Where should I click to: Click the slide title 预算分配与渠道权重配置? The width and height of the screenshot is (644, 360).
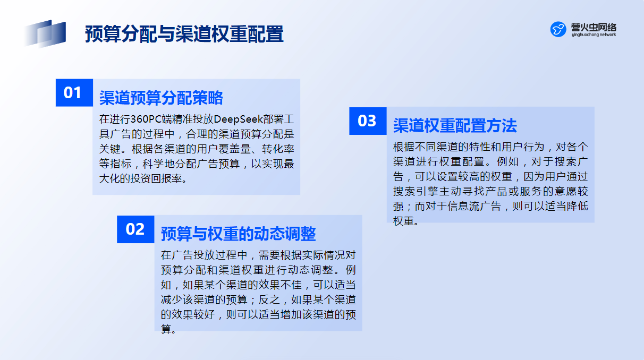[x=184, y=34]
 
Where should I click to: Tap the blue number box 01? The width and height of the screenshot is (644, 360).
[x=74, y=93]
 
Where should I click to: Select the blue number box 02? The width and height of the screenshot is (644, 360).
[x=135, y=229]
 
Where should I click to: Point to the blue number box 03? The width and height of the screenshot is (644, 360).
[x=368, y=121]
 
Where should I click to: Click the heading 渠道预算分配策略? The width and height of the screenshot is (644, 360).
[x=161, y=98]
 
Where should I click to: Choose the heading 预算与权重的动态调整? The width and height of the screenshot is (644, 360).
[x=239, y=234]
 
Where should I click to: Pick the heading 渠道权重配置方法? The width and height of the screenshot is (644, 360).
[x=455, y=125]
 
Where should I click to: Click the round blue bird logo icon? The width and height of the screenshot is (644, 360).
[x=558, y=29]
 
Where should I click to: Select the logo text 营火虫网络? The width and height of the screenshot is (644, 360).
[x=594, y=27]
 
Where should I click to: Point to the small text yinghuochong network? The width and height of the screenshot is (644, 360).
[x=594, y=35]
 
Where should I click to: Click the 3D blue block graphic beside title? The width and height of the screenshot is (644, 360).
[x=45, y=33]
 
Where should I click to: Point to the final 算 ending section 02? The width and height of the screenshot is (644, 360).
[x=166, y=329]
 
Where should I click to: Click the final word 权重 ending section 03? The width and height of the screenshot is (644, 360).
[x=404, y=221]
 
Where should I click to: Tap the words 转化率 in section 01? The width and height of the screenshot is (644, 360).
[x=278, y=149]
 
